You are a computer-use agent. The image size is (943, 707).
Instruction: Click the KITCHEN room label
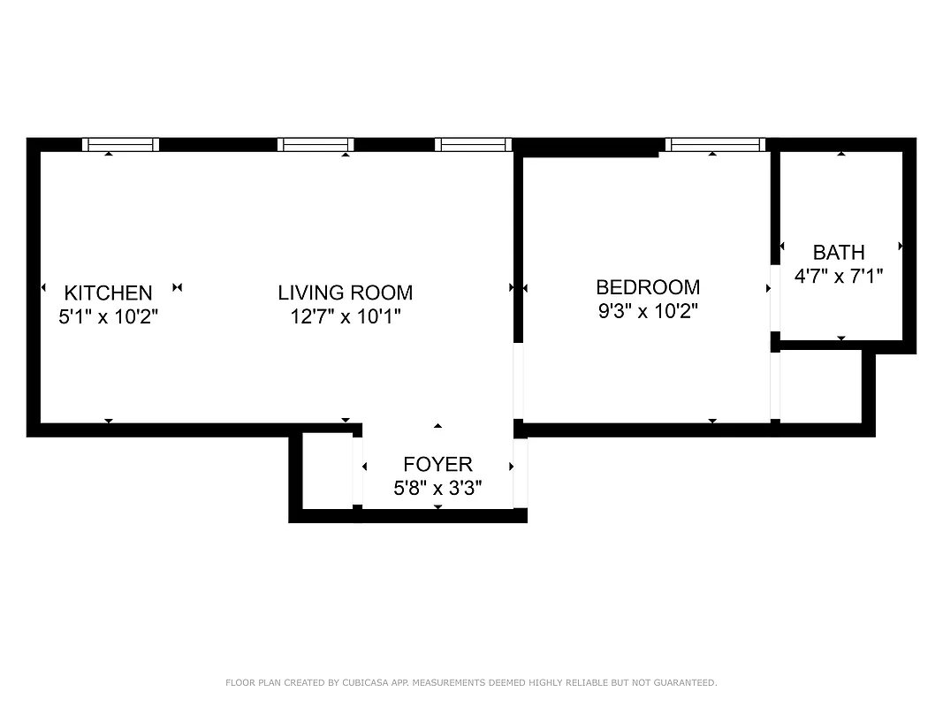pos(108,293)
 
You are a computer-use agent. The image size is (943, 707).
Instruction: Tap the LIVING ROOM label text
pos(345,293)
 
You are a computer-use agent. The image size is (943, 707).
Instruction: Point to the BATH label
pos(839,253)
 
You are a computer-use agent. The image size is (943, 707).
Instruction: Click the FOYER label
pos(437,464)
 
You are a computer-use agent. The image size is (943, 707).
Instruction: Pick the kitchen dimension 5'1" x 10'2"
pos(108,316)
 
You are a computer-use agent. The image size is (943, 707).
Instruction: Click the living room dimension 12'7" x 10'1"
pos(345,316)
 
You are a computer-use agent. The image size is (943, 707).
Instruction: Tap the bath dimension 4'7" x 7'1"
pos(839,276)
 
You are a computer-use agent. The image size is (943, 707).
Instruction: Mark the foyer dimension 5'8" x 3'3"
pos(437,488)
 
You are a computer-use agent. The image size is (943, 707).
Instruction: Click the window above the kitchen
pos(121,145)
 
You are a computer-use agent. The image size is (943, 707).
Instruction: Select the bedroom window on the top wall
pos(714,145)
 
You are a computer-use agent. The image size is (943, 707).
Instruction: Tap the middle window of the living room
pos(316,145)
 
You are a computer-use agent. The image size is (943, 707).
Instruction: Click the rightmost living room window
pos(473,145)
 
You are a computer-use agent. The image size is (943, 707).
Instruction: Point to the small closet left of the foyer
pos(327,470)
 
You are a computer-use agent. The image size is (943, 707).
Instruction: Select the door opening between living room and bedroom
pos(519,380)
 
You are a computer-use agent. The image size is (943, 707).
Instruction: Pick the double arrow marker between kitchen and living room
pos(178,287)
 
